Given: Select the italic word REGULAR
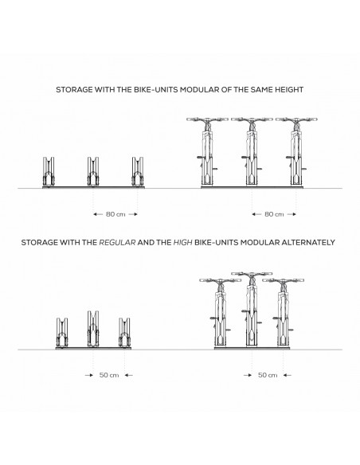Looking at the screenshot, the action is coord(117,243).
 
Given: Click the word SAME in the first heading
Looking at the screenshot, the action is coord(261,89).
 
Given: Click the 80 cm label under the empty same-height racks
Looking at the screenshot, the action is coord(115,214).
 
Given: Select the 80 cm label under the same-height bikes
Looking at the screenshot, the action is coord(274,214).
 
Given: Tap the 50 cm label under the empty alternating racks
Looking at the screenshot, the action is coord(109,375).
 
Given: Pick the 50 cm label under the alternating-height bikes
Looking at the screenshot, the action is coord(268,375).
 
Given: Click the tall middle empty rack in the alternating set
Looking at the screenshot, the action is coord(93,329).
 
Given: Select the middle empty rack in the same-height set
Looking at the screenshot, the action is coord(93,172).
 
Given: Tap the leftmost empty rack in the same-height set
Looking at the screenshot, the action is coord(49,172).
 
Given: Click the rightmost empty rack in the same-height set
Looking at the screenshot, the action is coord(138,172).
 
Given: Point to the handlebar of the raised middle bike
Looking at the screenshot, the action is coord(252,274).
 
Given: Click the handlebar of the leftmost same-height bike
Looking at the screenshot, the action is coord(207,119).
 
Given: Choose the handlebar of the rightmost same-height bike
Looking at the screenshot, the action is coord(296,119).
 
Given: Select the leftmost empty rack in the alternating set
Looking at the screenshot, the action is coord(62,332).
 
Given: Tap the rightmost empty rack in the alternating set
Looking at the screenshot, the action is coord(124,332).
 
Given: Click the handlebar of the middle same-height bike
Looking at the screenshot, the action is coord(252,119).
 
